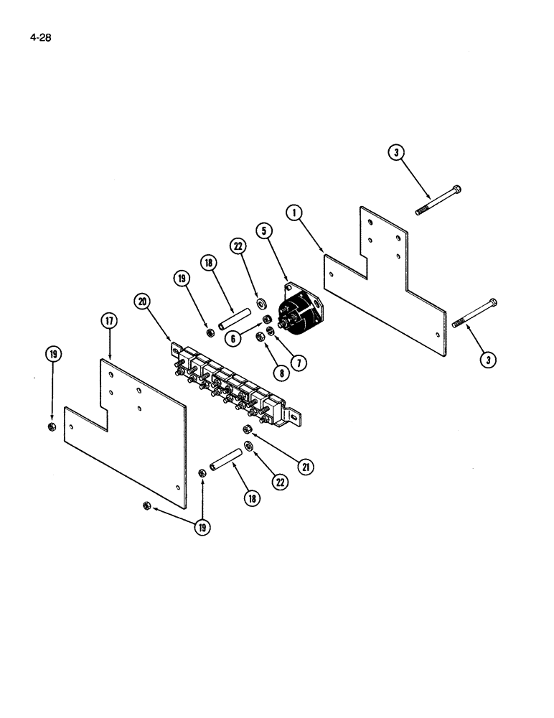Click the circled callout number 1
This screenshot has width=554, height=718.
coord(294,212)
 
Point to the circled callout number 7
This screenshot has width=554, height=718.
coord(298,363)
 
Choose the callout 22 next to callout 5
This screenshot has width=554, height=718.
coord(238,247)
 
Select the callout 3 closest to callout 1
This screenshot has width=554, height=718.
coord(395,153)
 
